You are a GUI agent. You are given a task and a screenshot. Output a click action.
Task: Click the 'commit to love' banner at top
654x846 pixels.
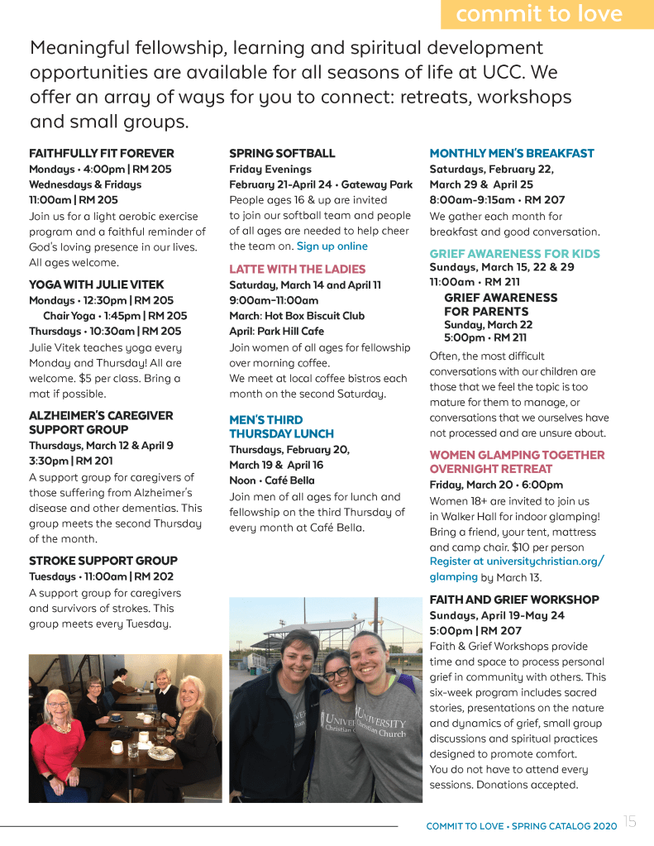[x=539, y=14]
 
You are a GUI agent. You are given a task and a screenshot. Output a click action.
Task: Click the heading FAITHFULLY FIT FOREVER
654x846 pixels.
[x=102, y=153]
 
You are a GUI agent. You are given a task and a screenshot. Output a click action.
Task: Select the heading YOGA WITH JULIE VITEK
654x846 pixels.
[x=97, y=284]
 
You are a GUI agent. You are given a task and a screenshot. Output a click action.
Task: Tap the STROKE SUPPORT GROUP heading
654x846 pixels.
[x=103, y=561]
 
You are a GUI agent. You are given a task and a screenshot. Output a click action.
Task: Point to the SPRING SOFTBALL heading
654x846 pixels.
[x=282, y=153]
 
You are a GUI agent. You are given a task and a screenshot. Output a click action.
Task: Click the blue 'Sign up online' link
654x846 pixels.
[x=332, y=246]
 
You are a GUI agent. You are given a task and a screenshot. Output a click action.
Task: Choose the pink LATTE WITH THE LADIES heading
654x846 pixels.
[x=297, y=269]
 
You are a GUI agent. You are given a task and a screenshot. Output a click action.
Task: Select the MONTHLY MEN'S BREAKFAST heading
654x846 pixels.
[x=512, y=153]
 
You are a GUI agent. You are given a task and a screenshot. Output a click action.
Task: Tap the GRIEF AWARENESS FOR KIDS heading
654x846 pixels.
[x=514, y=254]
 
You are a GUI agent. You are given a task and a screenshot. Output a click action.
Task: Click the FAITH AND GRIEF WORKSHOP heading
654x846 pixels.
[x=514, y=600]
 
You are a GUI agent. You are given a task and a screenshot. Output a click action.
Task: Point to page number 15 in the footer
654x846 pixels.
[x=630, y=821]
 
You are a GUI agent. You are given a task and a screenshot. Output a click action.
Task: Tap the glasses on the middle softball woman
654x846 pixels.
[x=337, y=672]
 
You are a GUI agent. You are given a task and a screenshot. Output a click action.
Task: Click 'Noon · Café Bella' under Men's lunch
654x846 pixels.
[x=272, y=480]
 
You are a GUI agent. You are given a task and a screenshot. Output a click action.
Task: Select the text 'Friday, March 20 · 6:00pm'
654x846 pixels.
[x=496, y=485]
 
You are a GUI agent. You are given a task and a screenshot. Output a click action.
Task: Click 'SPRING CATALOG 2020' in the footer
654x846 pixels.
[x=564, y=826]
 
